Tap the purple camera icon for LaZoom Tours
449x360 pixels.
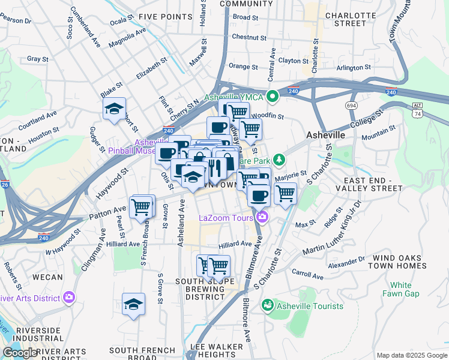coord(262,217)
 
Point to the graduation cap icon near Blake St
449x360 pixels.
coord(114,109)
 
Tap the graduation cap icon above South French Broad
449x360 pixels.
coord(133,304)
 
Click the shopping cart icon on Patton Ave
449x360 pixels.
coord(142,207)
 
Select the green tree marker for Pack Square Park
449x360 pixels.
coord(278,160)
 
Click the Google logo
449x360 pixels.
coord(20,353)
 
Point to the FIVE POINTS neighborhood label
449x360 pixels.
coord(160,16)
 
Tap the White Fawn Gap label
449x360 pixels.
coord(400,289)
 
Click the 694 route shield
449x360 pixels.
coord(352,105)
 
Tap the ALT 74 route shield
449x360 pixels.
coord(417,109)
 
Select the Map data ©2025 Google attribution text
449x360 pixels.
coord(411,355)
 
